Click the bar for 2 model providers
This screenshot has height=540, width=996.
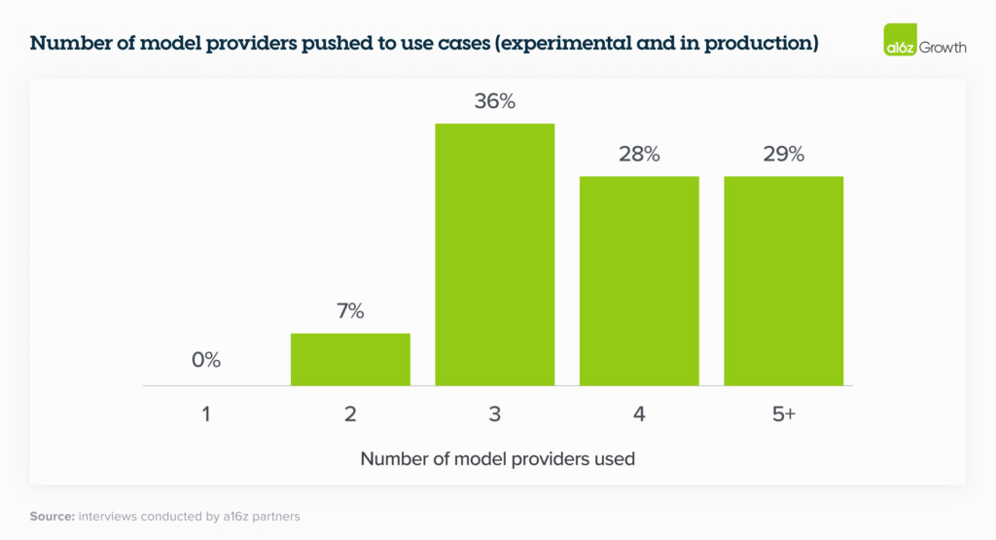(x=350, y=359)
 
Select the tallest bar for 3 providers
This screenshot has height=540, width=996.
(x=494, y=254)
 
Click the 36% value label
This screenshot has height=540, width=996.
(x=494, y=100)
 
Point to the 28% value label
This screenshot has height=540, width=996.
(x=639, y=154)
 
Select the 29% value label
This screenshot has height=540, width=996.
(x=783, y=154)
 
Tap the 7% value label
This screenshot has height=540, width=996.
(x=350, y=311)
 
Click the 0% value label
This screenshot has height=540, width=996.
(x=206, y=360)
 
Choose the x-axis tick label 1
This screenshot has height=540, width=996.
(x=206, y=414)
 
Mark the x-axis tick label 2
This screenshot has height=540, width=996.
(x=350, y=414)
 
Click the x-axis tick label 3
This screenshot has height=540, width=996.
(x=494, y=414)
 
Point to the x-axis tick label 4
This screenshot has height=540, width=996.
(x=639, y=414)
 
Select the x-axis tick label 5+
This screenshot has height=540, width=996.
(x=783, y=414)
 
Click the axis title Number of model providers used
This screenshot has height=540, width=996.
(x=497, y=458)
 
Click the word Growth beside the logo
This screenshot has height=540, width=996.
(x=943, y=46)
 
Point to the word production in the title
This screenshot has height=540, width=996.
(x=758, y=44)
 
